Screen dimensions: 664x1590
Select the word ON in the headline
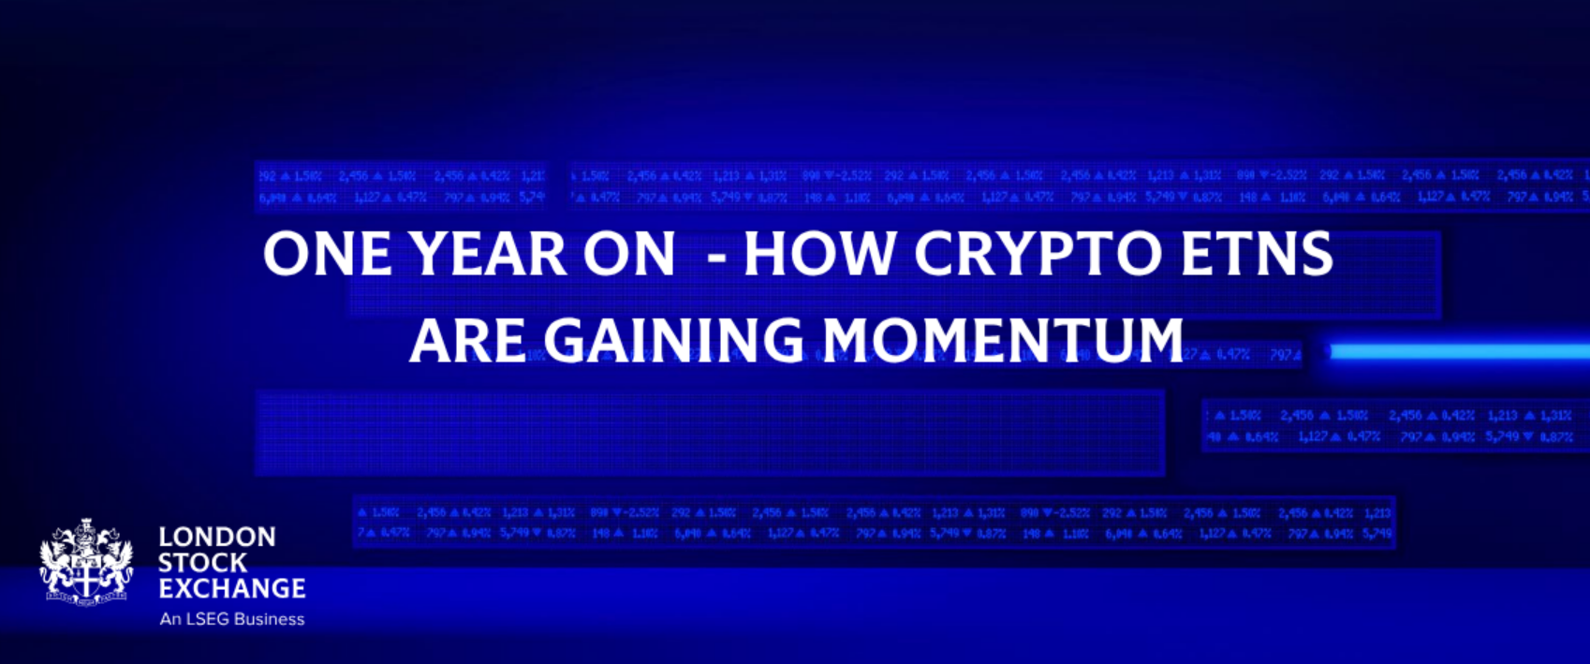click(629, 254)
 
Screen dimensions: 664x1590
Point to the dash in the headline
click(717, 257)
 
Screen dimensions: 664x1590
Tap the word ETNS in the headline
click(1257, 254)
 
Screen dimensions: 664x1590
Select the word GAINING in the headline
click(673, 340)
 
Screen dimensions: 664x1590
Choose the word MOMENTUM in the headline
click(1003, 340)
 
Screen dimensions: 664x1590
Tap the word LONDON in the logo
click(217, 537)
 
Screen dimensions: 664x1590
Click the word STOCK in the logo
click(202, 563)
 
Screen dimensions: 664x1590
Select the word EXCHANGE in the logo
click(232, 588)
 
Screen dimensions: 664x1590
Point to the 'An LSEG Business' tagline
click(232, 619)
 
